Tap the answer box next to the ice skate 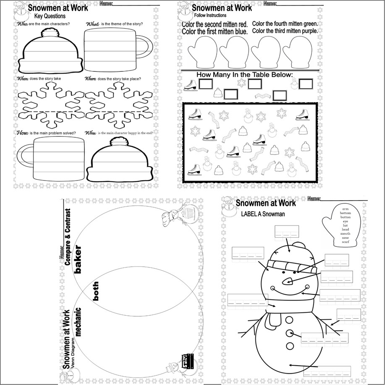pos(206,85)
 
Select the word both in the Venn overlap pos(96,291)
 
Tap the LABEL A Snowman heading pos(263,214)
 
